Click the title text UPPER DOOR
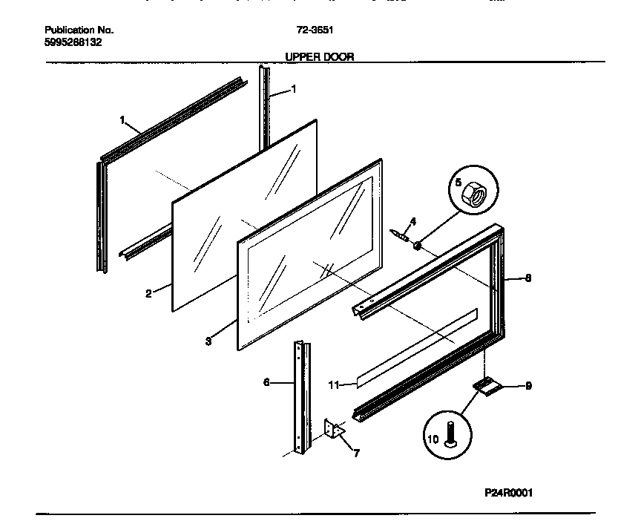(x=320, y=56)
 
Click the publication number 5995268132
(x=73, y=42)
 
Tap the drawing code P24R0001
(x=509, y=492)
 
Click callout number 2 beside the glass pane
(x=148, y=294)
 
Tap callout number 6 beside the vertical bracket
(x=266, y=383)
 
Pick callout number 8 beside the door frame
(x=528, y=279)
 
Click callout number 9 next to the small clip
(x=528, y=385)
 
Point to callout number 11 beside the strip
(x=334, y=384)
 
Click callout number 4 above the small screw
(x=413, y=221)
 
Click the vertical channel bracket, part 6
(x=301, y=397)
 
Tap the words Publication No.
(x=79, y=30)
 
